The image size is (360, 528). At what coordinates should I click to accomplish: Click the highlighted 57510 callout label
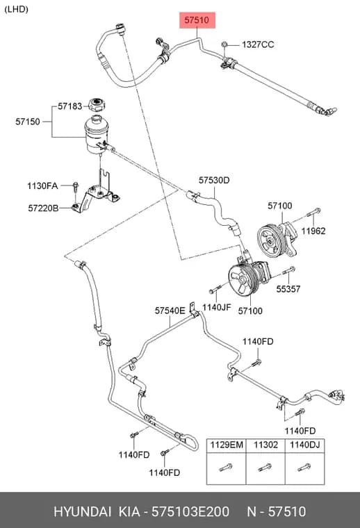tap(197, 20)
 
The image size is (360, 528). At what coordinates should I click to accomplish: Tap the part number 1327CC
tap(258, 44)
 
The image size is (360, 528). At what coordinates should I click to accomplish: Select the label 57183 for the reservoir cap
tap(69, 106)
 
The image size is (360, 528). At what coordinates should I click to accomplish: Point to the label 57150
tap(28, 122)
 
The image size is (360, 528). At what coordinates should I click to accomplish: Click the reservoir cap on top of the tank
tap(97, 105)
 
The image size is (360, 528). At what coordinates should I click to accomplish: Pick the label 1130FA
tap(42, 185)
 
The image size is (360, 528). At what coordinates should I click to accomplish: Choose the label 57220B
tap(43, 208)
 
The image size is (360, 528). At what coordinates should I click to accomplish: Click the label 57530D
tap(214, 181)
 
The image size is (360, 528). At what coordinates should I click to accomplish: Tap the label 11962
tap(313, 231)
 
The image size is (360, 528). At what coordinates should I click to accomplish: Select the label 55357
tap(288, 288)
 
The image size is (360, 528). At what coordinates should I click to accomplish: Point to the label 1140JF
tap(217, 307)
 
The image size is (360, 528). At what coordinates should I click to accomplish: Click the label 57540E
tap(170, 311)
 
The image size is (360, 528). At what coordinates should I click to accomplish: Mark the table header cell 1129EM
tap(227, 445)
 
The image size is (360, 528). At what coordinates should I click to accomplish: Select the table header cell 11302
tap(265, 445)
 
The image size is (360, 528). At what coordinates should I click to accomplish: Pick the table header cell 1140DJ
tap(305, 445)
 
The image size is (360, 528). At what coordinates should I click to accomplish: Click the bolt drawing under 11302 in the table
tap(265, 468)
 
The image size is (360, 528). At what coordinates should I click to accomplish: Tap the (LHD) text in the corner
tap(16, 9)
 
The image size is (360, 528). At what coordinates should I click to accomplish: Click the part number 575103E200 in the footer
tap(190, 511)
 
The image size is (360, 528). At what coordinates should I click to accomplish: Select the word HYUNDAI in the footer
tap(82, 511)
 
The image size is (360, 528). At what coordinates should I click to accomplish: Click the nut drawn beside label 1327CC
tap(225, 44)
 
